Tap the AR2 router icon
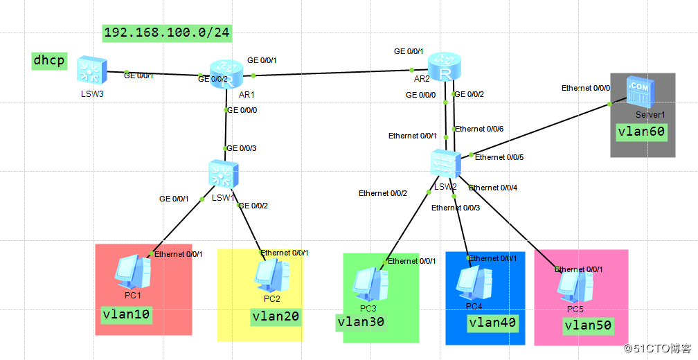(x=444, y=69)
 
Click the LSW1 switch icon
(x=224, y=174)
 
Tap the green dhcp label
(x=49, y=61)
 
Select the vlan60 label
(x=642, y=132)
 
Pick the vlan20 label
(x=276, y=316)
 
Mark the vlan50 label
(x=588, y=325)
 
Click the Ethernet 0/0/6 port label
(x=479, y=129)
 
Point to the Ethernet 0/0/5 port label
(x=499, y=157)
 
